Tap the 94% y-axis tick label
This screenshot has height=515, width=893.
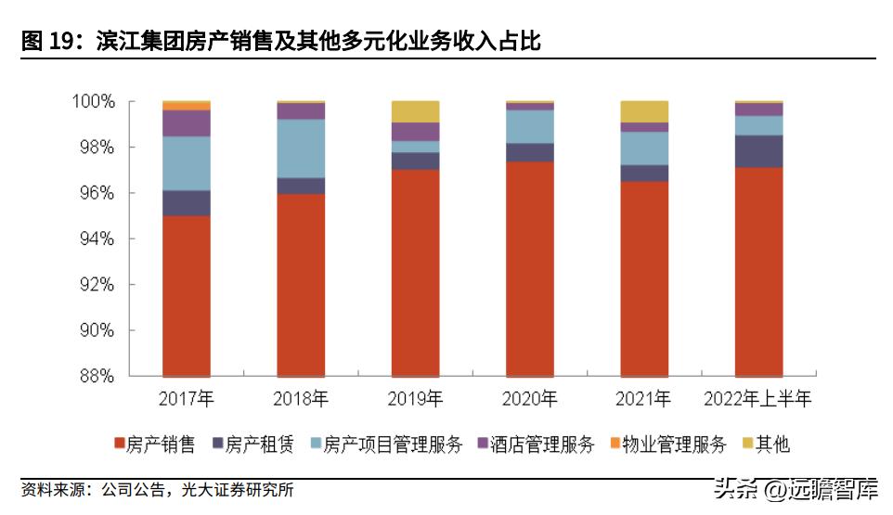[95, 238]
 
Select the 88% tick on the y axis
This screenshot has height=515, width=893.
[95, 376]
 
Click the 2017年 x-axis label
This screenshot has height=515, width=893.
[186, 400]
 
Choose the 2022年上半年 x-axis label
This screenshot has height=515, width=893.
[758, 400]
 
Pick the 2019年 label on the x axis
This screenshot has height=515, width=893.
[415, 400]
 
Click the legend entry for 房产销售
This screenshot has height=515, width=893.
[153, 444]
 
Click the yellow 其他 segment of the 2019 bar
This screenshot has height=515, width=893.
[415, 111]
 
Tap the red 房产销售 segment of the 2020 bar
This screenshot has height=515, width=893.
[529, 269]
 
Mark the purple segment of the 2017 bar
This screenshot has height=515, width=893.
[186, 123]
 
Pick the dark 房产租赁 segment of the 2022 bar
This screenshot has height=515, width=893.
[758, 151]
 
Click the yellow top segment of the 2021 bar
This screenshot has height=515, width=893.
[644, 111]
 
